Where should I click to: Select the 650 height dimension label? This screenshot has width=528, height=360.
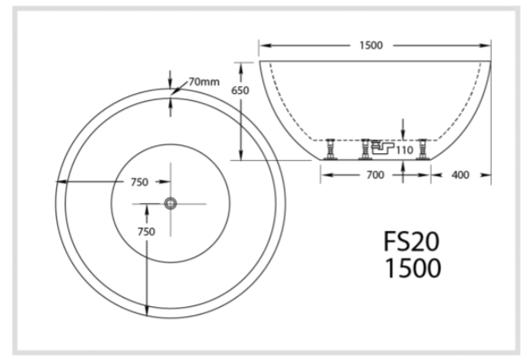click(241, 90)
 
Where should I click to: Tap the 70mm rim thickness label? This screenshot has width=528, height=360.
click(204, 81)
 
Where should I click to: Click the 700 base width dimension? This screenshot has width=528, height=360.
click(375, 175)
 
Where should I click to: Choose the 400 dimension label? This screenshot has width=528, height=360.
click(460, 175)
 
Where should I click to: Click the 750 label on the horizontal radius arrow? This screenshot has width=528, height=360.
click(139, 182)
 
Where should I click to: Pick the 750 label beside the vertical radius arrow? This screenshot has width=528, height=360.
click(144, 232)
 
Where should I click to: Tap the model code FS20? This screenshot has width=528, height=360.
click(412, 243)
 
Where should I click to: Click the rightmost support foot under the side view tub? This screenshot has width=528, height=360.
click(421, 148)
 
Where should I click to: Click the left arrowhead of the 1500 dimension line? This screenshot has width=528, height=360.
click(262, 45)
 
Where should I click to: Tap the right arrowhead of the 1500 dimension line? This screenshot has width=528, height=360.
click(489, 45)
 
